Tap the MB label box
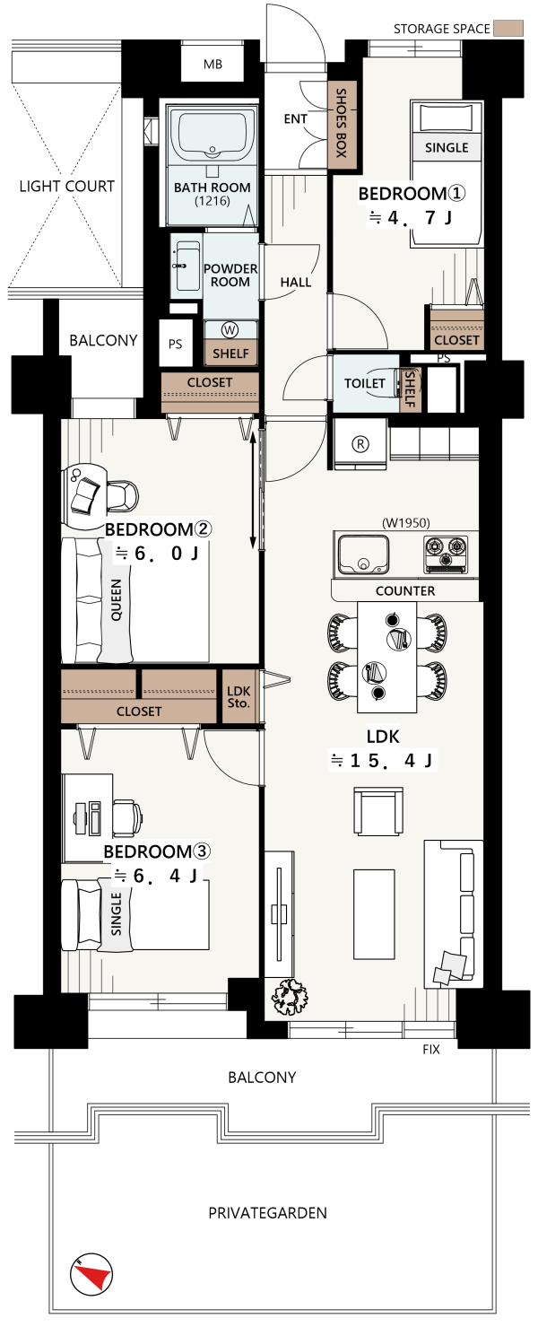213,64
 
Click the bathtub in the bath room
212,135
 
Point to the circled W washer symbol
229,328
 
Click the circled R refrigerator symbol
360,443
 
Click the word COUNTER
405,590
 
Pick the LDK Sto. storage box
239,696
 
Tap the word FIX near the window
431,1049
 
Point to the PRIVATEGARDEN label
267,1213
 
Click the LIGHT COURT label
67,186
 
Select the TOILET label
365,383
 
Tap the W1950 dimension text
406,522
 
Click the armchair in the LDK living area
378,811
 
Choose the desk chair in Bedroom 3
127,817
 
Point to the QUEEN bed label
116,600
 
